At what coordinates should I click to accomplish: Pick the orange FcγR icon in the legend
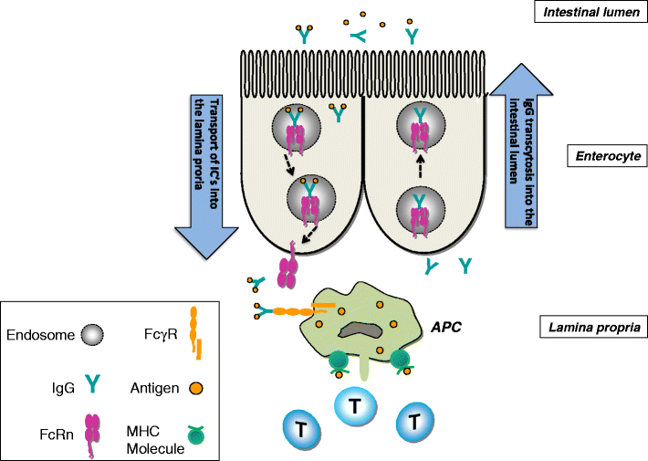[x=195, y=331]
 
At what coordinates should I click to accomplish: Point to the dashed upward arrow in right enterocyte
[x=419, y=168]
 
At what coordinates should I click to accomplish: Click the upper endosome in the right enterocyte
[x=419, y=130]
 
